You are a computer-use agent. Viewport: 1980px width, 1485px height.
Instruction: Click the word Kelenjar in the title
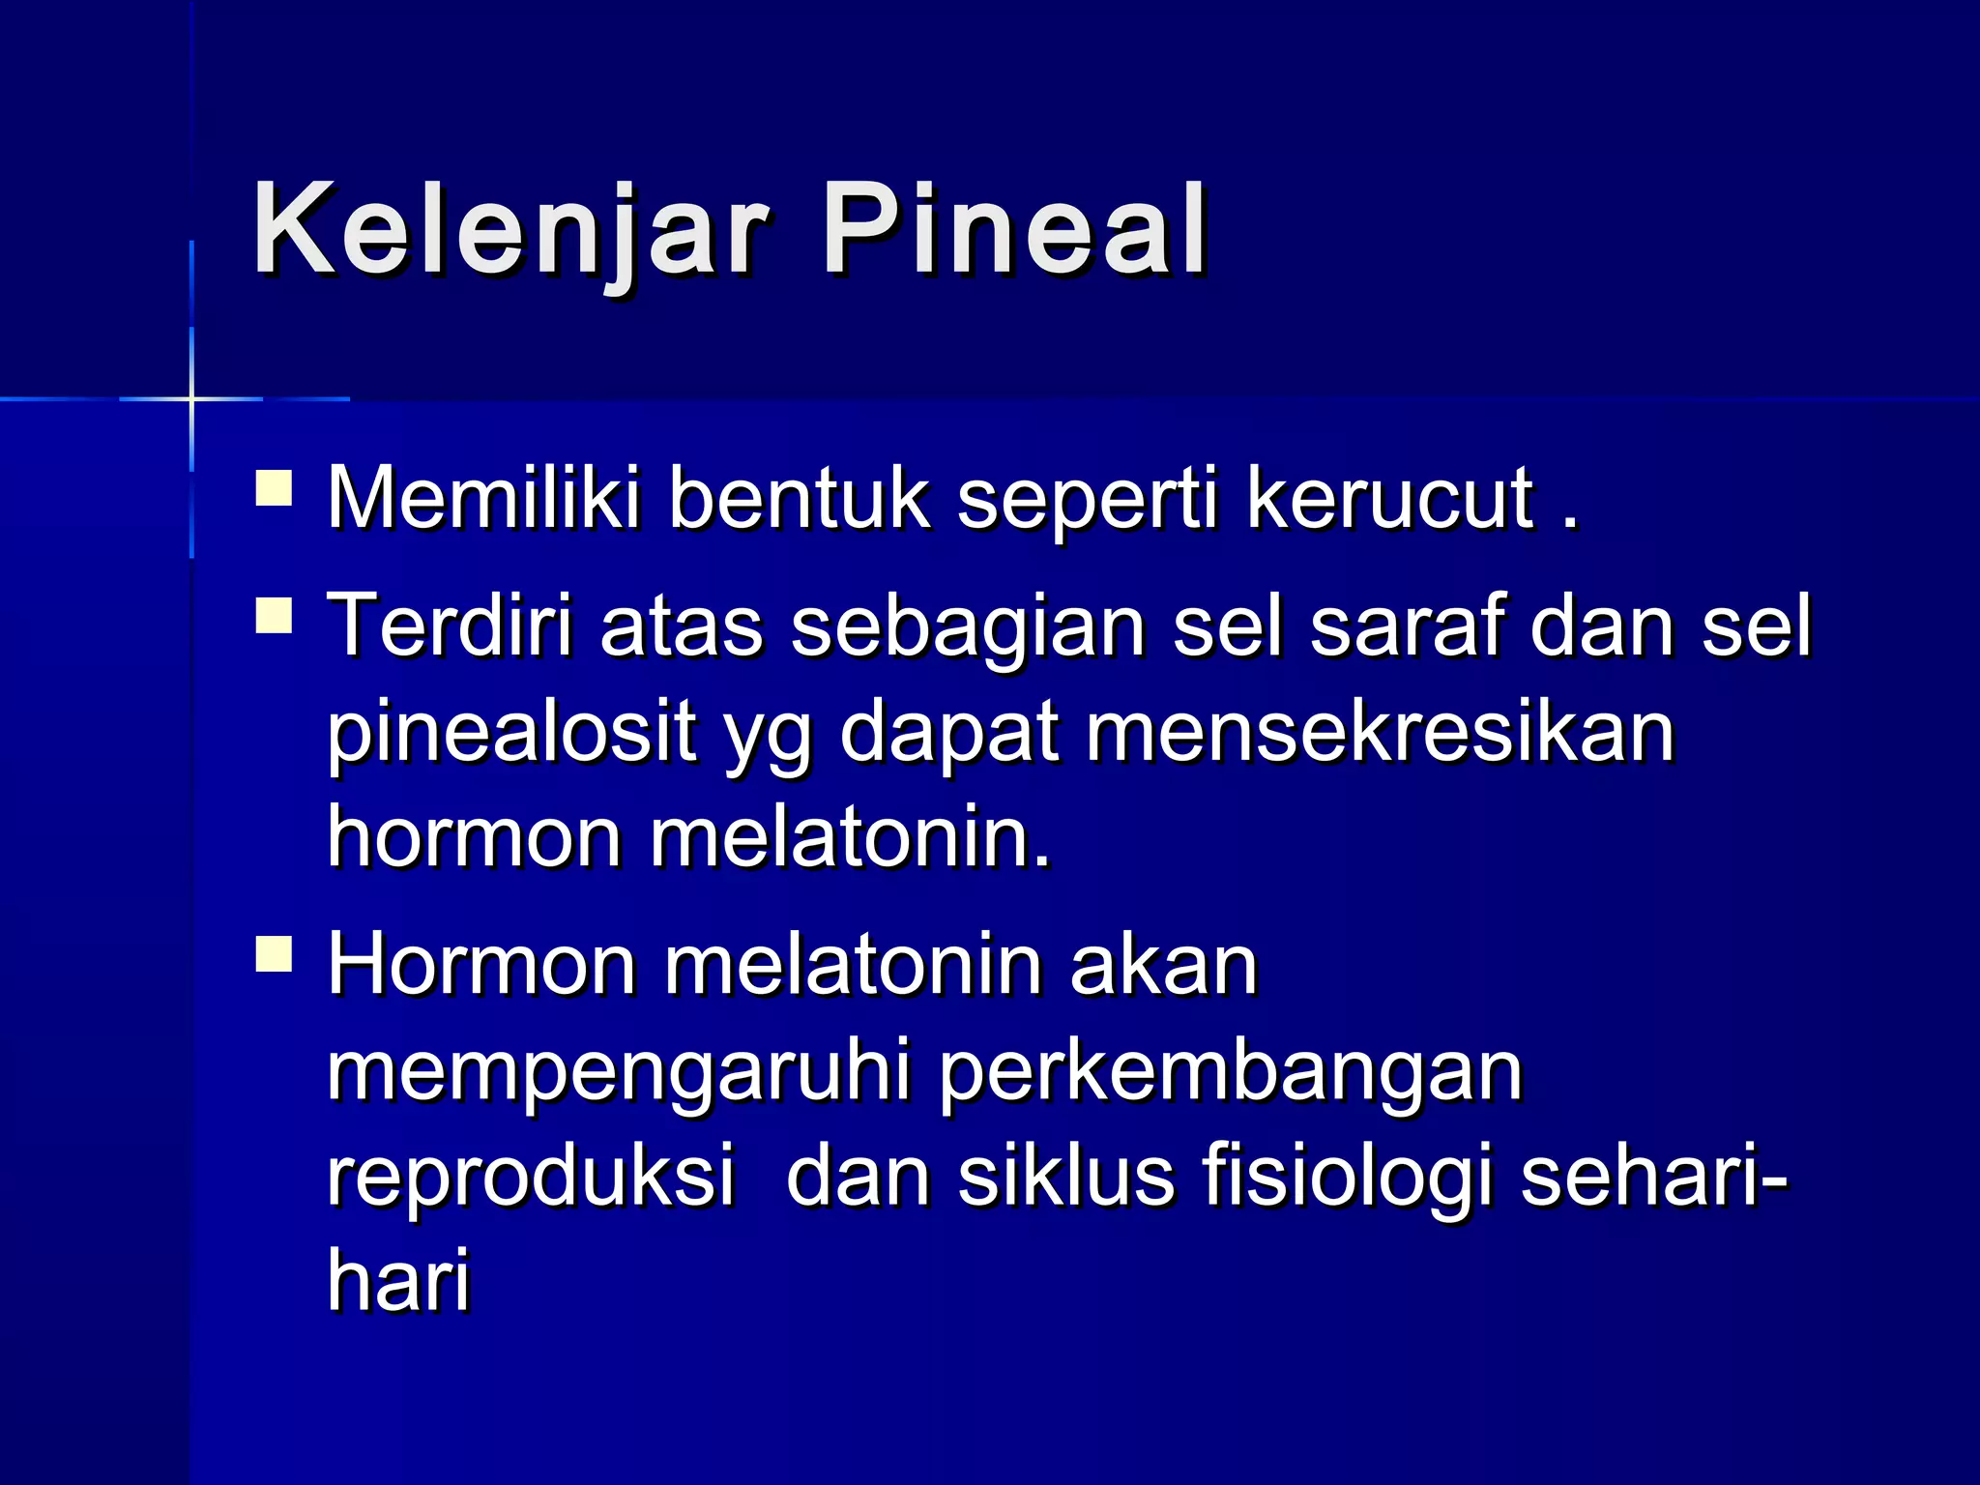click(x=510, y=232)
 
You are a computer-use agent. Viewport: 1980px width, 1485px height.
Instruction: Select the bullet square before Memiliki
click(x=274, y=488)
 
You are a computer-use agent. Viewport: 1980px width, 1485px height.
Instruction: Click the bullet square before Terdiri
click(x=274, y=616)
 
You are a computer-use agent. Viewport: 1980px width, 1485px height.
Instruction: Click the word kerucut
click(x=1390, y=499)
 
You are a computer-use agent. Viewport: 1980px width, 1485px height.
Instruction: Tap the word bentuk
click(x=800, y=499)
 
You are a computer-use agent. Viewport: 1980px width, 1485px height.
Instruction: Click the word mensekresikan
click(x=1381, y=733)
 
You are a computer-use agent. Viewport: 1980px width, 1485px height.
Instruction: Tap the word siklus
click(x=1066, y=1178)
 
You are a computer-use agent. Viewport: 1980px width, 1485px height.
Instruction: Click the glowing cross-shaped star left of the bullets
click(x=191, y=398)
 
